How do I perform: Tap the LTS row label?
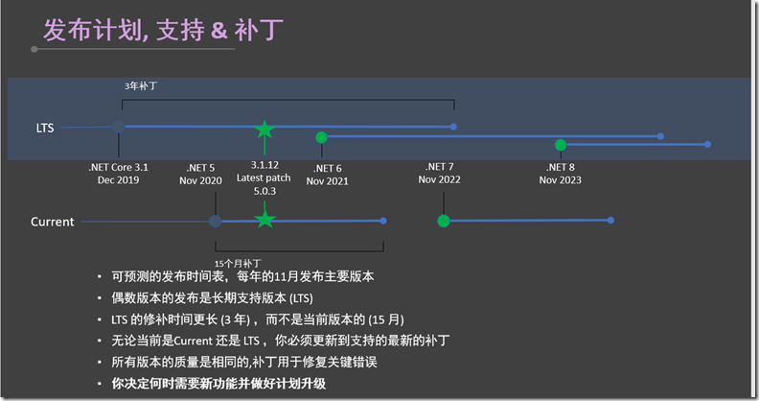45,127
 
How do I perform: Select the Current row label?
52,222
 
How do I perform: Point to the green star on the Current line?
264,221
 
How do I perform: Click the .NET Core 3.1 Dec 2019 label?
119,173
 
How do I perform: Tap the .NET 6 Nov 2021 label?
328,174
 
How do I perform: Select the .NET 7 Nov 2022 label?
440,173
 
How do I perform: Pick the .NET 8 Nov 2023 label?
560,173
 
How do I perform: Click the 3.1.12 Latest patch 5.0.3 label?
264,177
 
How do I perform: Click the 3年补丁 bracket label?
141,85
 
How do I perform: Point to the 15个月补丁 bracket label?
240,261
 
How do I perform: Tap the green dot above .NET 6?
321,137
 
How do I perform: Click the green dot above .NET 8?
561,145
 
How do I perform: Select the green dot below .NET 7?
443,221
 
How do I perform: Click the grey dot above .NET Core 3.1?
118,126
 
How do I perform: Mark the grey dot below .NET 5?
215,221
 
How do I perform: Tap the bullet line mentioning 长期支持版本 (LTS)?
206,297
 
